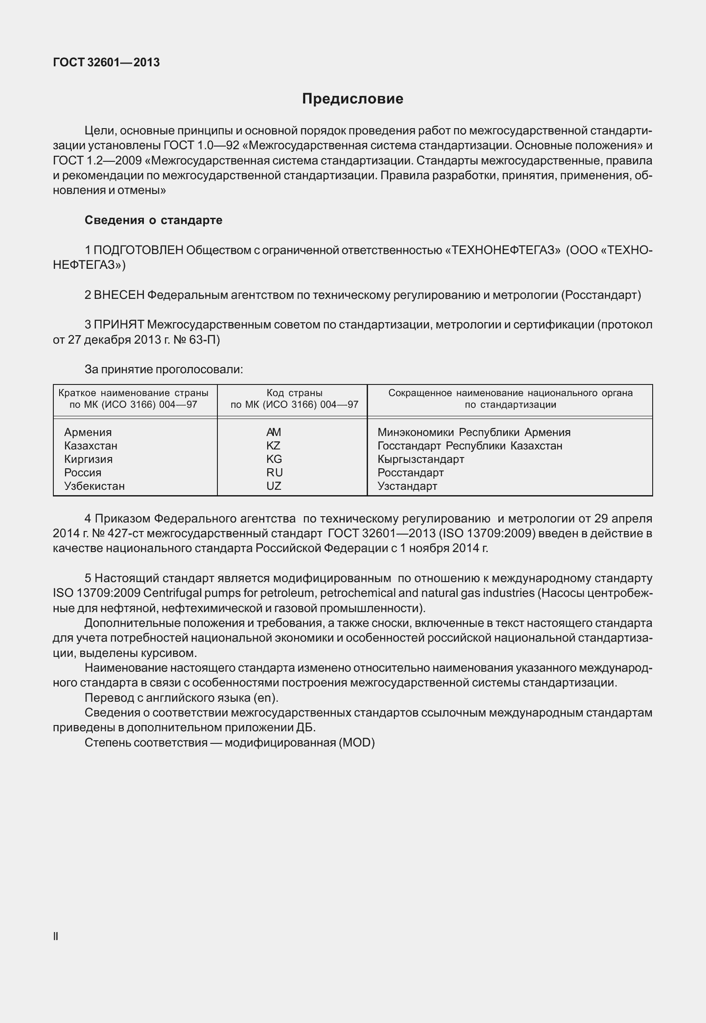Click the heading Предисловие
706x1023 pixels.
(x=352, y=99)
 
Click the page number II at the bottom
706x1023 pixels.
(x=56, y=936)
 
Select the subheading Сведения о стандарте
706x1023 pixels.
(x=153, y=220)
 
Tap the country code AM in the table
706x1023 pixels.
(x=273, y=432)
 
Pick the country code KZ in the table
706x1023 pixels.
(x=273, y=445)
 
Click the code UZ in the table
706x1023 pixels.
(x=273, y=486)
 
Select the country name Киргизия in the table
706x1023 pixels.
(x=88, y=459)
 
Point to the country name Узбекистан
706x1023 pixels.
(x=94, y=486)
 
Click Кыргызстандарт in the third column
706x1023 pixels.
(x=420, y=459)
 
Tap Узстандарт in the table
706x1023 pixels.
(x=407, y=486)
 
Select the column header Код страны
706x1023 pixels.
(x=294, y=393)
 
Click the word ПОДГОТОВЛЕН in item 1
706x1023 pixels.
(x=139, y=250)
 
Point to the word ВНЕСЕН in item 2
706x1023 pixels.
(x=119, y=295)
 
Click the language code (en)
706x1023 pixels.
(x=265, y=698)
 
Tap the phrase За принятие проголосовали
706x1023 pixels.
(x=164, y=370)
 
